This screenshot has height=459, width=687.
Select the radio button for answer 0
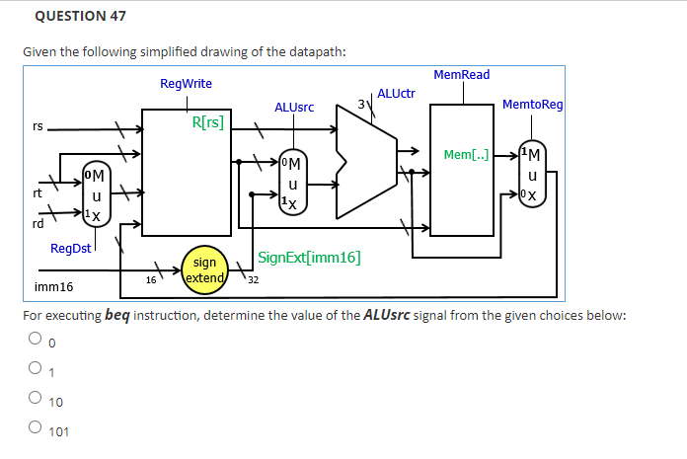[x=34, y=342]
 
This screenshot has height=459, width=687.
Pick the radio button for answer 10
[x=34, y=401]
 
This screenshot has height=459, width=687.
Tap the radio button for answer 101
[x=34, y=430]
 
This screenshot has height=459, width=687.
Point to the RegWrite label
[x=186, y=84]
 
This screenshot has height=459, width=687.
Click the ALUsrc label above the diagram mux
[x=294, y=107]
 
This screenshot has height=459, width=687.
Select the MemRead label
[x=461, y=75]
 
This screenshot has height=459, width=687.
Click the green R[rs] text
[x=207, y=123]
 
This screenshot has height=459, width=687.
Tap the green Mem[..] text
[x=466, y=155]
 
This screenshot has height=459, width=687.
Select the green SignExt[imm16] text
[x=309, y=259]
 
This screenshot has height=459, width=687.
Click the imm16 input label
[x=53, y=287]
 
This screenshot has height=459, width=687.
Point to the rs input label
[x=38, y=126]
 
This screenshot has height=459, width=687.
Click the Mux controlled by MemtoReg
[x=532, y=175]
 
